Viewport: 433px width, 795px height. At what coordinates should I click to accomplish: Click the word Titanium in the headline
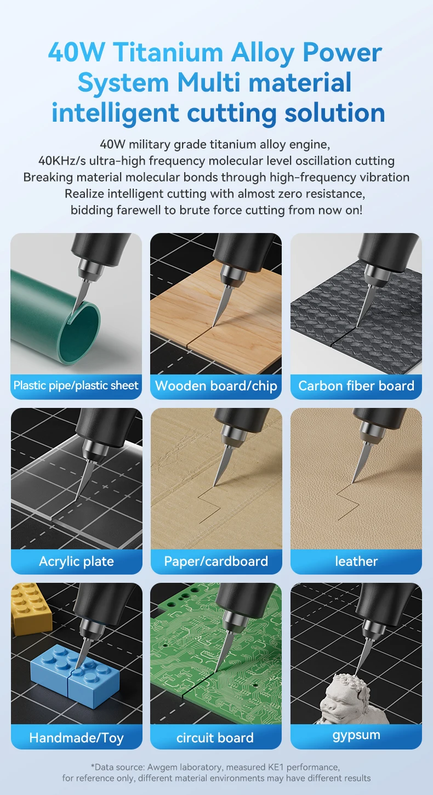[169, 52]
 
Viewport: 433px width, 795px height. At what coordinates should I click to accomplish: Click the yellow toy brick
[31, 607]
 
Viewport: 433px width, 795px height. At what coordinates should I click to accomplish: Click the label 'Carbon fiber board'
[356, 386]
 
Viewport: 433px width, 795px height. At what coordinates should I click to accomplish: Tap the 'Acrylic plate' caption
[76, 561]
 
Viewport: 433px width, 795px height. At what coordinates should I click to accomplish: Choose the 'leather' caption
[356, 561]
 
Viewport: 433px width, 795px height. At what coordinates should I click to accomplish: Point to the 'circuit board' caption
[215, 738]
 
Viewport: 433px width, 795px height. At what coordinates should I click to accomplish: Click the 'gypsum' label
[356, 735]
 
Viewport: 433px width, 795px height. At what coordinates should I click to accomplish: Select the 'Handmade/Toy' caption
[76, 738]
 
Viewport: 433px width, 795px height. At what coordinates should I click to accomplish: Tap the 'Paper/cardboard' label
[216, 561]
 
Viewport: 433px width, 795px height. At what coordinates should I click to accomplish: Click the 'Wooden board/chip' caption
[216, 386]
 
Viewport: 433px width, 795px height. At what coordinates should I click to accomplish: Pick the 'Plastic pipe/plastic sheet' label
[76, 385]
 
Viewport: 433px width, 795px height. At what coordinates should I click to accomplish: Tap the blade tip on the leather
[352, 482]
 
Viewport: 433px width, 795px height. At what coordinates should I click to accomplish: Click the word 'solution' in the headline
[335, 112]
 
